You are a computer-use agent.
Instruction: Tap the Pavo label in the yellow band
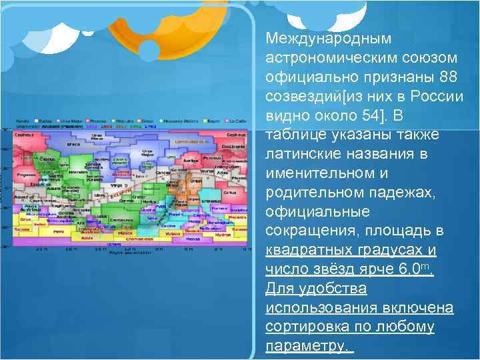[59, 231]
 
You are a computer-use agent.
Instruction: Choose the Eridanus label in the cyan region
[212, 201]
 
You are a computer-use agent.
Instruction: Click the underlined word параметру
[307, 347]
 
